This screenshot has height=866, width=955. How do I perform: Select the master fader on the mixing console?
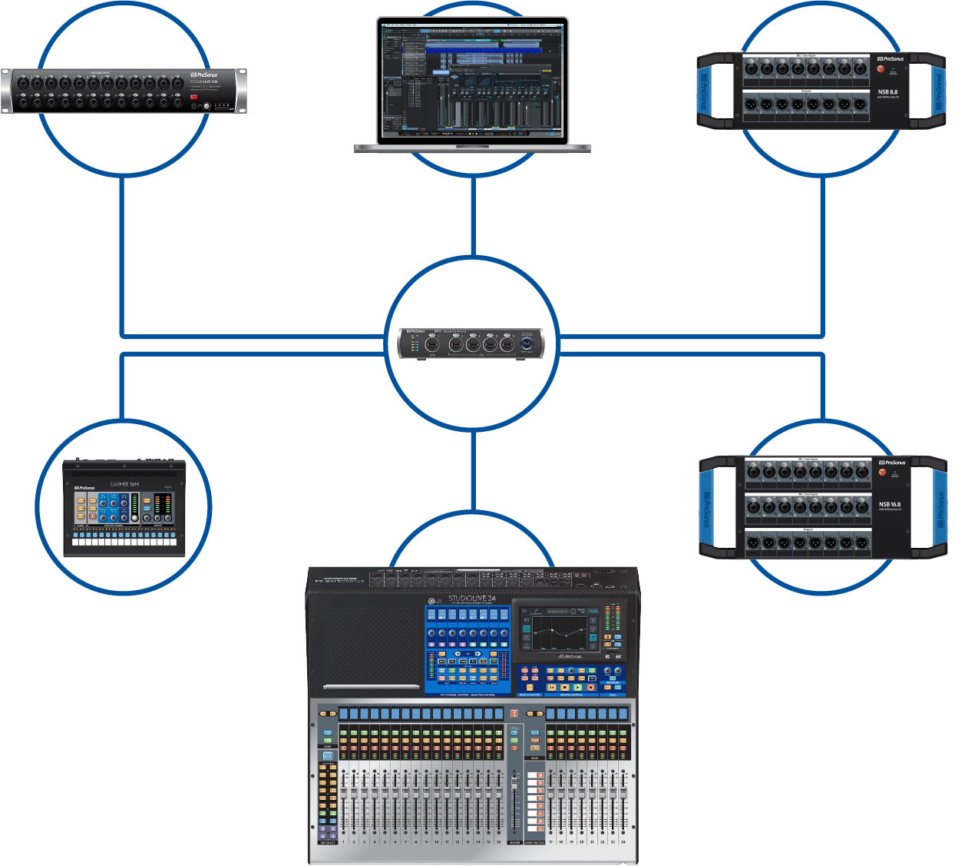click(x=514, y=799)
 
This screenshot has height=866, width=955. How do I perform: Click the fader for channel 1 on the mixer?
click(x=343, y=799)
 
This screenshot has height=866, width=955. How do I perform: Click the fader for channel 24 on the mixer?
click(x=623, y=799)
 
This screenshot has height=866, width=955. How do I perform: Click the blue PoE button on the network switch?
click(x=527, y=343)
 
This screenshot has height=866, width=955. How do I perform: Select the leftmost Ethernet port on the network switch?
click(x=432, y=345)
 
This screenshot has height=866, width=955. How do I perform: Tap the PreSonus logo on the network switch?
click(x=415, y=332)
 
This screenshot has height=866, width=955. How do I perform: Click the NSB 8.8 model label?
click(x=887, y=92)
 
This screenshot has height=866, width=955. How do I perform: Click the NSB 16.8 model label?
click(x=889, y=505)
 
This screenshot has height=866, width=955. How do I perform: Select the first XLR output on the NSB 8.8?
click(x=751, y=105)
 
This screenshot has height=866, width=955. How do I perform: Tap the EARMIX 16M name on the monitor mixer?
click(x=124, y=485)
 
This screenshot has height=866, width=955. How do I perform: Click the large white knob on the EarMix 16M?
click(x=135, y=517)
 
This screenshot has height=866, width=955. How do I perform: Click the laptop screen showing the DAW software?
click(x=471, y=78)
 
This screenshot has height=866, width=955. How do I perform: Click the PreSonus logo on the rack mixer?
click(x=203, y=75)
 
